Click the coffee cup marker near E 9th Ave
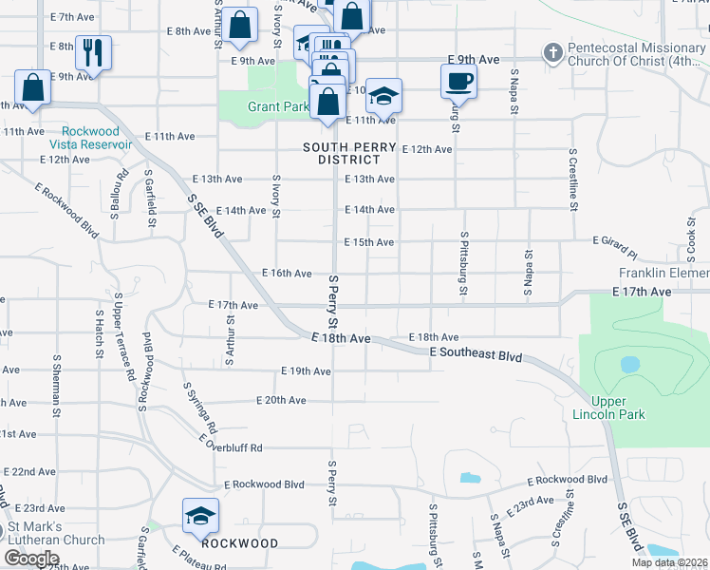(458, 81)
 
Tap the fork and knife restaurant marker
(93, 53)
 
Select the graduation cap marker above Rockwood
(200, 516)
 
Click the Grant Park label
(277, 106)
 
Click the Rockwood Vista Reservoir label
(96, 138)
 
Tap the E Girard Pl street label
(614, 247)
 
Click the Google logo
(31, 558)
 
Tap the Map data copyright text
(669, 562)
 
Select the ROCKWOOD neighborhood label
(240, 544)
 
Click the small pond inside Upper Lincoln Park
(628, 364)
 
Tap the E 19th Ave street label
(305, 370)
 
